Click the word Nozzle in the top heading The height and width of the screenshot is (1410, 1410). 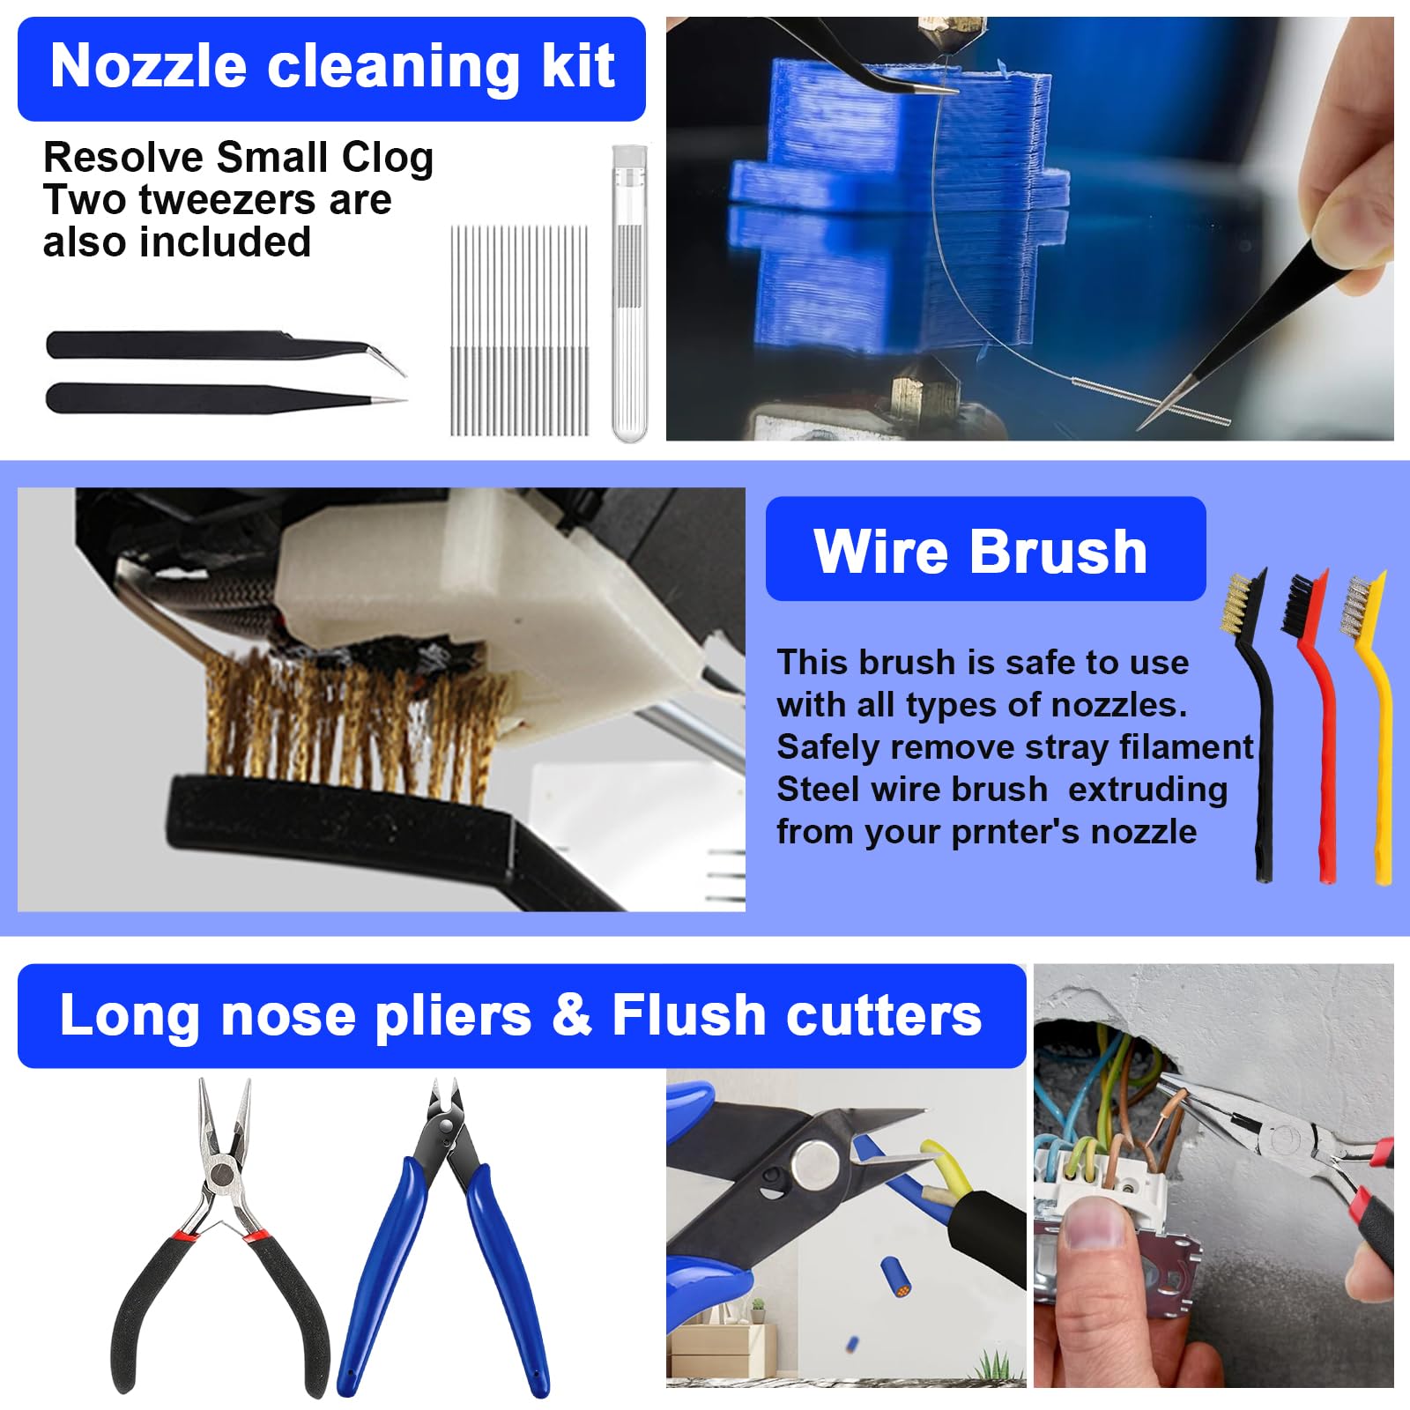click(x=148, y=67)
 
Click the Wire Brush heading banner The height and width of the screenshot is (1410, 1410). click(x=984, y=550)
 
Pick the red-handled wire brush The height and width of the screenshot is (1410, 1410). click(x=1319, y=723)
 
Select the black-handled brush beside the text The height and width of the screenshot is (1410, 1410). click(x=1261, y=723)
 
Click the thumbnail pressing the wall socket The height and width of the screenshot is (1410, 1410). click(x=1093, y=1227)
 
